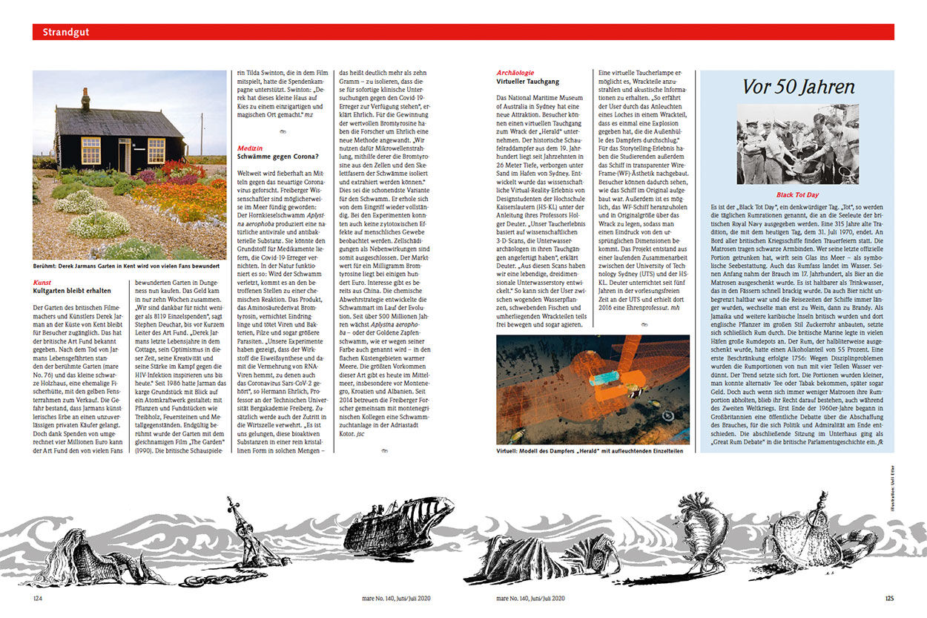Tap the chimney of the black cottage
85,99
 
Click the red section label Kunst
42,283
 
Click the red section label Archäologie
515,73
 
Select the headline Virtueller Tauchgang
527,82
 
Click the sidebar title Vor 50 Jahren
798,86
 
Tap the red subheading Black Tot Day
797,194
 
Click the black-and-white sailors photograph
797,144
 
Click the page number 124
39,598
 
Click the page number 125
888,598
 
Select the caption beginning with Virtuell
583,450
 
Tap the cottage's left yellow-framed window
90,150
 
